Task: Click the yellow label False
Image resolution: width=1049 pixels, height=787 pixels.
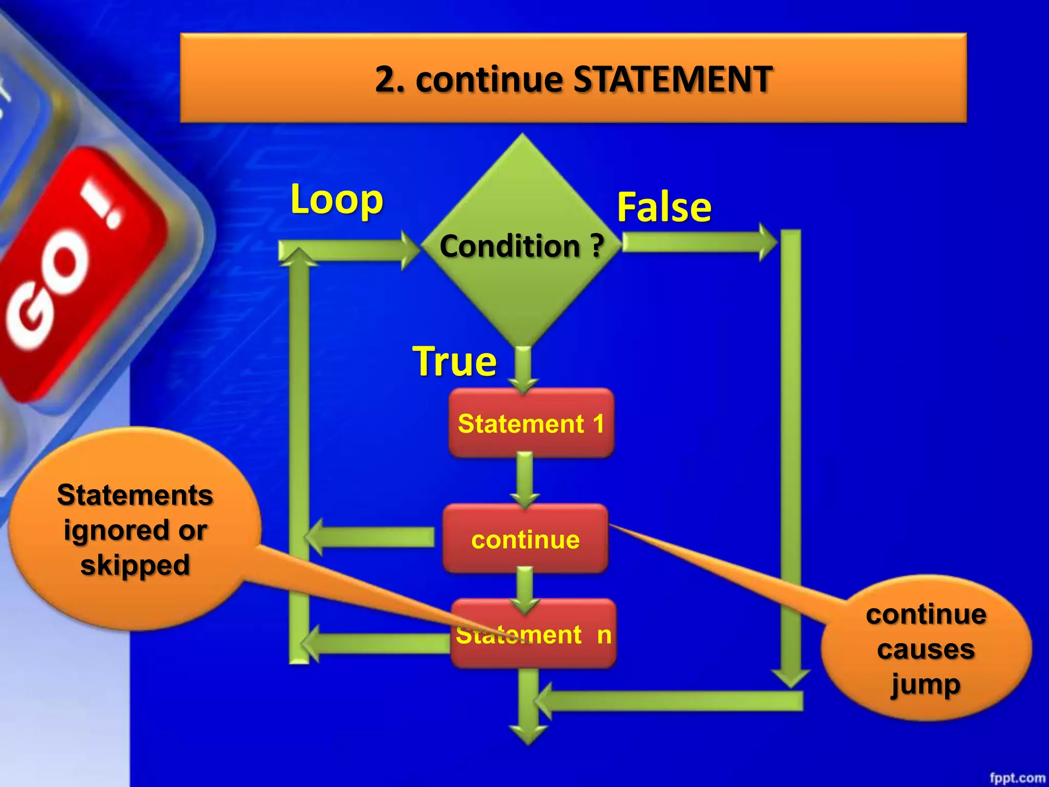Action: click(x=664, y=207)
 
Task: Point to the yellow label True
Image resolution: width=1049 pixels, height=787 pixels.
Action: click(x=454, y=361)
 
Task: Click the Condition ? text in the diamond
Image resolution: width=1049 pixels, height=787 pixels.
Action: click(x=521, y=246)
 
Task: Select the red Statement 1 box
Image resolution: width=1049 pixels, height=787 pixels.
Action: click(x=531, y=423)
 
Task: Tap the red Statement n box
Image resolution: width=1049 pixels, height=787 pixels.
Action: click(x=533, y=634)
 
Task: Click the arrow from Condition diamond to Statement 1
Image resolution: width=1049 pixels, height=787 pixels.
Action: click(x=523, y=369)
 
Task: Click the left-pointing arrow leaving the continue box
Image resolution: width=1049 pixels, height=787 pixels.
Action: click(x=369, y=537)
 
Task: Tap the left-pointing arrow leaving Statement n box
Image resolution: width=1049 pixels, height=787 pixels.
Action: click(x=374, y=644)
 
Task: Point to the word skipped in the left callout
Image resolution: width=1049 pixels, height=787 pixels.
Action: click(x=135, y=566)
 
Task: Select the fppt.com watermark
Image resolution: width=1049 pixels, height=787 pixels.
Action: click(x=1017, y=778)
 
